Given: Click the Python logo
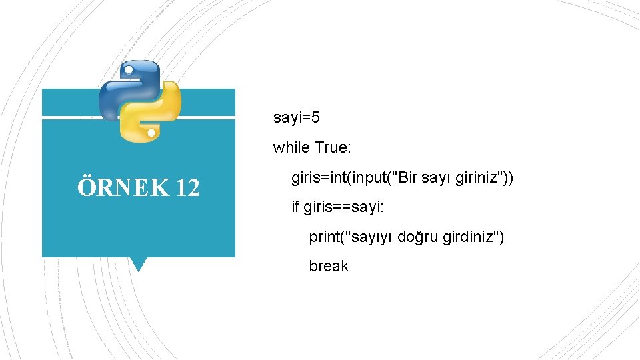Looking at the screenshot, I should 139,101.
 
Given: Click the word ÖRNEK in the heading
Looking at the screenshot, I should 123,188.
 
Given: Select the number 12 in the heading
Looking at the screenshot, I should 187,188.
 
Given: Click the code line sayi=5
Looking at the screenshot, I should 296,118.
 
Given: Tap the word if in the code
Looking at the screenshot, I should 295,207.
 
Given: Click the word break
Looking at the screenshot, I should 328,266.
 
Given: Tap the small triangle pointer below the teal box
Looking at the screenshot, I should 138,264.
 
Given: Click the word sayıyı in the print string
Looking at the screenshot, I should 373,237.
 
